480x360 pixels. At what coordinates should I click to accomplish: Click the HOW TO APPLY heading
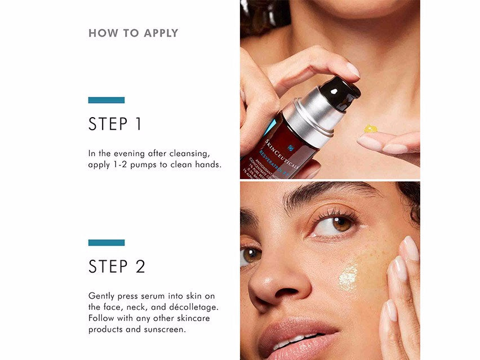[x=133, y=33]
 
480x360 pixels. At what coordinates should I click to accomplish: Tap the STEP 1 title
[x=115, y=125]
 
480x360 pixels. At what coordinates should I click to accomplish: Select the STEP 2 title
[x=117, y=266]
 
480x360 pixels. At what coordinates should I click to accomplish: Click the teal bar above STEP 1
[x=106, y=100]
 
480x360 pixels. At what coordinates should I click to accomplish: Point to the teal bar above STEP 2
[x=106, y=243]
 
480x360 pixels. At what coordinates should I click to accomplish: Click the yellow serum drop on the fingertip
[x=370, y=129]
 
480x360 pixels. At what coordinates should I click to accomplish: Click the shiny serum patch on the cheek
[x=348, y=277]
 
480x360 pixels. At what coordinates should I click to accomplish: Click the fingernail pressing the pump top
[x=353, y=70]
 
